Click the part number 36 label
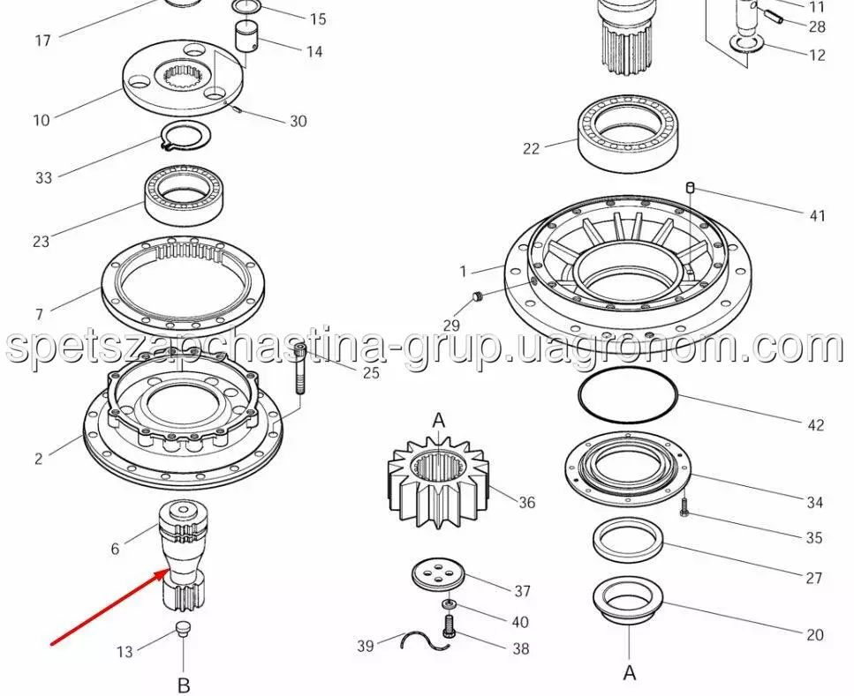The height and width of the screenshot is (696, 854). (x=526, y=502)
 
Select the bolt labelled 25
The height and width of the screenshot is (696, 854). (x=300, y=369)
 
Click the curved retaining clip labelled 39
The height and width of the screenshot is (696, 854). (x=425, y=640)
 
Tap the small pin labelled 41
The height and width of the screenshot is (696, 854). (x=690, y=187)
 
